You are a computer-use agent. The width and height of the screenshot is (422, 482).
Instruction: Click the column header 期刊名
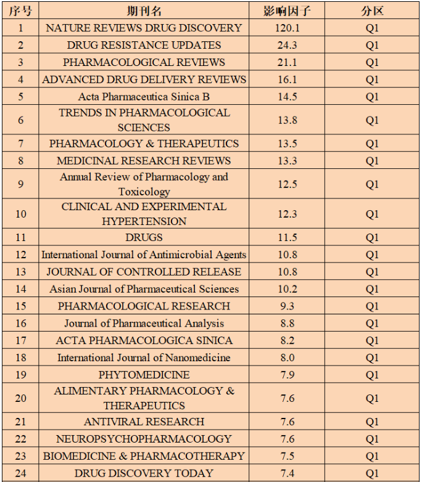[144, 10]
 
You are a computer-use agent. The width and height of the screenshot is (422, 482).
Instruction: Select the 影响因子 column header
[287, 10]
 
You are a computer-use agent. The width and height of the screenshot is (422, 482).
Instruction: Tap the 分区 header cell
[372, 10]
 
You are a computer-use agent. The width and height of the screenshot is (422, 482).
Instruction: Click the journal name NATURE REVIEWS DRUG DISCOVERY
[144, 28]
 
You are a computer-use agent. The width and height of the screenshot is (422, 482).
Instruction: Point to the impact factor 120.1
[287, 28]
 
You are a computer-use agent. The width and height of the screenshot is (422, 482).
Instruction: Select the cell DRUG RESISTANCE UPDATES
[144, 45]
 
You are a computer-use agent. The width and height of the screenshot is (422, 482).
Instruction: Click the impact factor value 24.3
[287, 45]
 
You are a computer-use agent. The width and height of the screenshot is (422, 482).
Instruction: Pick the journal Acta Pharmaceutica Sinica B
[144, 97]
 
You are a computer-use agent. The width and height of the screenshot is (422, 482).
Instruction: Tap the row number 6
[20, 120]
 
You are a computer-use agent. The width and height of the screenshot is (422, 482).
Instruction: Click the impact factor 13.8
[287, 120]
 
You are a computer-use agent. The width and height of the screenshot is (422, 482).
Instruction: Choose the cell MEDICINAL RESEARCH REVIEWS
[144, 161]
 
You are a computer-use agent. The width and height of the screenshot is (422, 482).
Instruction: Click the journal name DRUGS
[144, 237]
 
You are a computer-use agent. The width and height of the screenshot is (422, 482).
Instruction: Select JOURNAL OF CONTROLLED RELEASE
[144, 272]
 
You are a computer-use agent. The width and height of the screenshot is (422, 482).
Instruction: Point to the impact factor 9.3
[287, 306]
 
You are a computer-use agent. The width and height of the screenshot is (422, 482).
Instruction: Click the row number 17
[20, 340]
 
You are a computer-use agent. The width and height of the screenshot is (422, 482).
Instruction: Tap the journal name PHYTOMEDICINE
[144, 375]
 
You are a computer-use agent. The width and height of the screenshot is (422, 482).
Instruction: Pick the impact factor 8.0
[287, 357]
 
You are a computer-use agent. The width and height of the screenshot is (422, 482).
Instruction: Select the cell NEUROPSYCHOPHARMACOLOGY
[144, 439]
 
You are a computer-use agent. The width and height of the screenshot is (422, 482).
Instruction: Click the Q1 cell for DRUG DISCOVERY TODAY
[372, 473]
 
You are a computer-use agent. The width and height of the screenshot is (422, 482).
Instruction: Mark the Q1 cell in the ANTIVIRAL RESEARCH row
[372, 422]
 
